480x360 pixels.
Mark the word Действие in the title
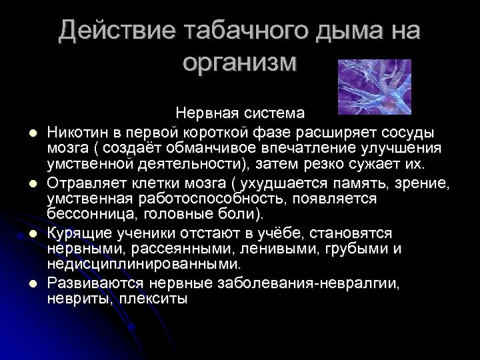click(x=105, y=31)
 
